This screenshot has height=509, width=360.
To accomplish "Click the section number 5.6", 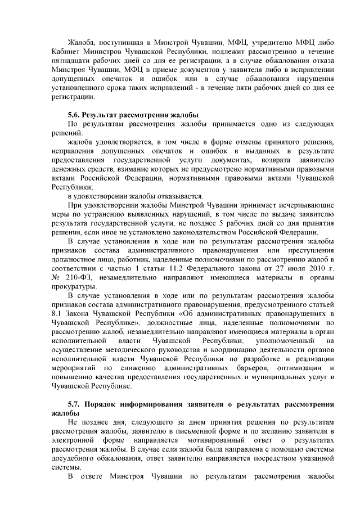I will pyautogui.click(x=75, y=115).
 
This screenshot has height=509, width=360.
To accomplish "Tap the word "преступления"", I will pyautogui.click(x=310, y=250).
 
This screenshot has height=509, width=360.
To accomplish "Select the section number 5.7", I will pyautogui.click(x=75, y=404).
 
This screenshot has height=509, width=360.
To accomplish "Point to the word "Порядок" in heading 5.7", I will pyautogui.click(x=105, y=404).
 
